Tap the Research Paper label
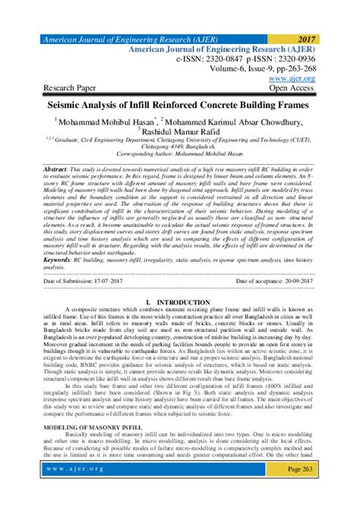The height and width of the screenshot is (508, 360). [x=71, y=87]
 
